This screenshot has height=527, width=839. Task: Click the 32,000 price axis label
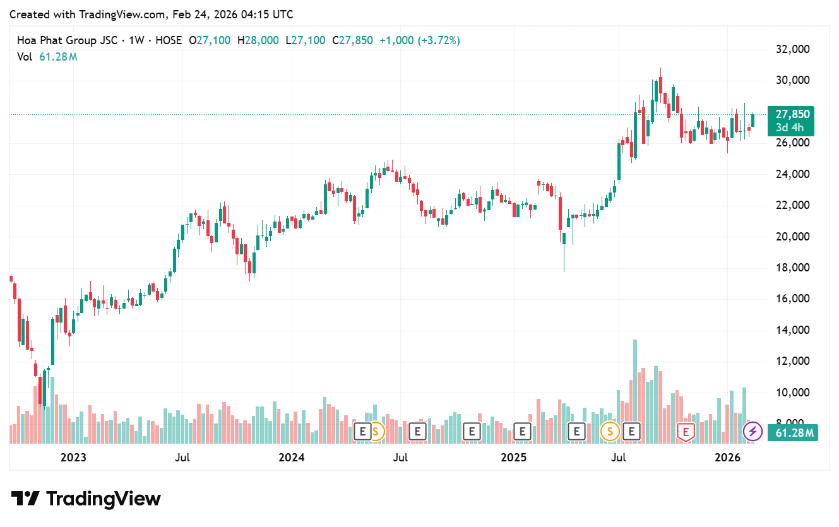click(x=792, y=49)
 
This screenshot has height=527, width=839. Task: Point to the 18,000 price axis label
click(x=792, y=268)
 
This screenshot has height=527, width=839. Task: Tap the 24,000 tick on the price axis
click(x=792, y=174)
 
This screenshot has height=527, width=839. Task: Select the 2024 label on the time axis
click(x=292, y=456)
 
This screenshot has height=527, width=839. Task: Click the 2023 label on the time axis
click(x=74, y=456)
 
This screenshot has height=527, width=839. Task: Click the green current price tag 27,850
click(x=790, y=114)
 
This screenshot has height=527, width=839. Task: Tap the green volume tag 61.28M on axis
click(x=792, y=433)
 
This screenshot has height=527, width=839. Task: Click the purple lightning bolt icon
click(x=752, y=432)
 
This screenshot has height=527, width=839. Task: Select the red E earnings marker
click(x=686, y=432)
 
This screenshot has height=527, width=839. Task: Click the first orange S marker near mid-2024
click(x=376, y=432)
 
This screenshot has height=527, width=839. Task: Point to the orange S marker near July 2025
click(x=610, y=432)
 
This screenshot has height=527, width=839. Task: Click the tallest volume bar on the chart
click(x=634, y=391)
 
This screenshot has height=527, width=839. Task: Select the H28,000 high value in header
click(x=258, y=40)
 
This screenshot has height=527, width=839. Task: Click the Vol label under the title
click(x=25, y=57)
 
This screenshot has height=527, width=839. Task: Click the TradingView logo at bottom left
click(x=86, y=499)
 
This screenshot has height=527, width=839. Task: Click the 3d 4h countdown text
click(x=790, y=127)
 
